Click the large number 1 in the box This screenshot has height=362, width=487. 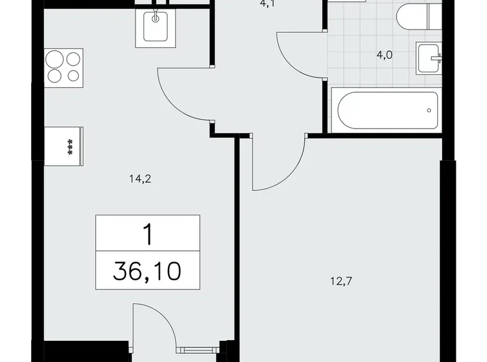point(148,235)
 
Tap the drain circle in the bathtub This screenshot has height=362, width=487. point(429,110)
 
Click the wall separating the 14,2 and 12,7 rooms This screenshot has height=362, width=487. point(237,250)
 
